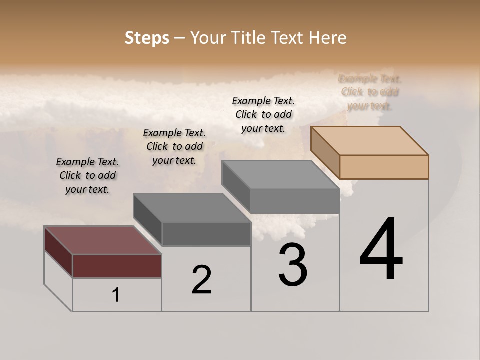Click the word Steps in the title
pos(146,37)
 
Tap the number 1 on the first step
pos(116,295)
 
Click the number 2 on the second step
pos(201,280)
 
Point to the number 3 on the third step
pos(293,264)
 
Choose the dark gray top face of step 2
pos(192,208)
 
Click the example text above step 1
pos(87,175)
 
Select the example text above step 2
pos(174,146)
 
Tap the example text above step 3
pos(263,114)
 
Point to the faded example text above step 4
pos(370,92)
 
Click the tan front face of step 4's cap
pos(384,167)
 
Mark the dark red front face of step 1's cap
pos(117,266)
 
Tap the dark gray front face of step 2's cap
pos(206,234)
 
